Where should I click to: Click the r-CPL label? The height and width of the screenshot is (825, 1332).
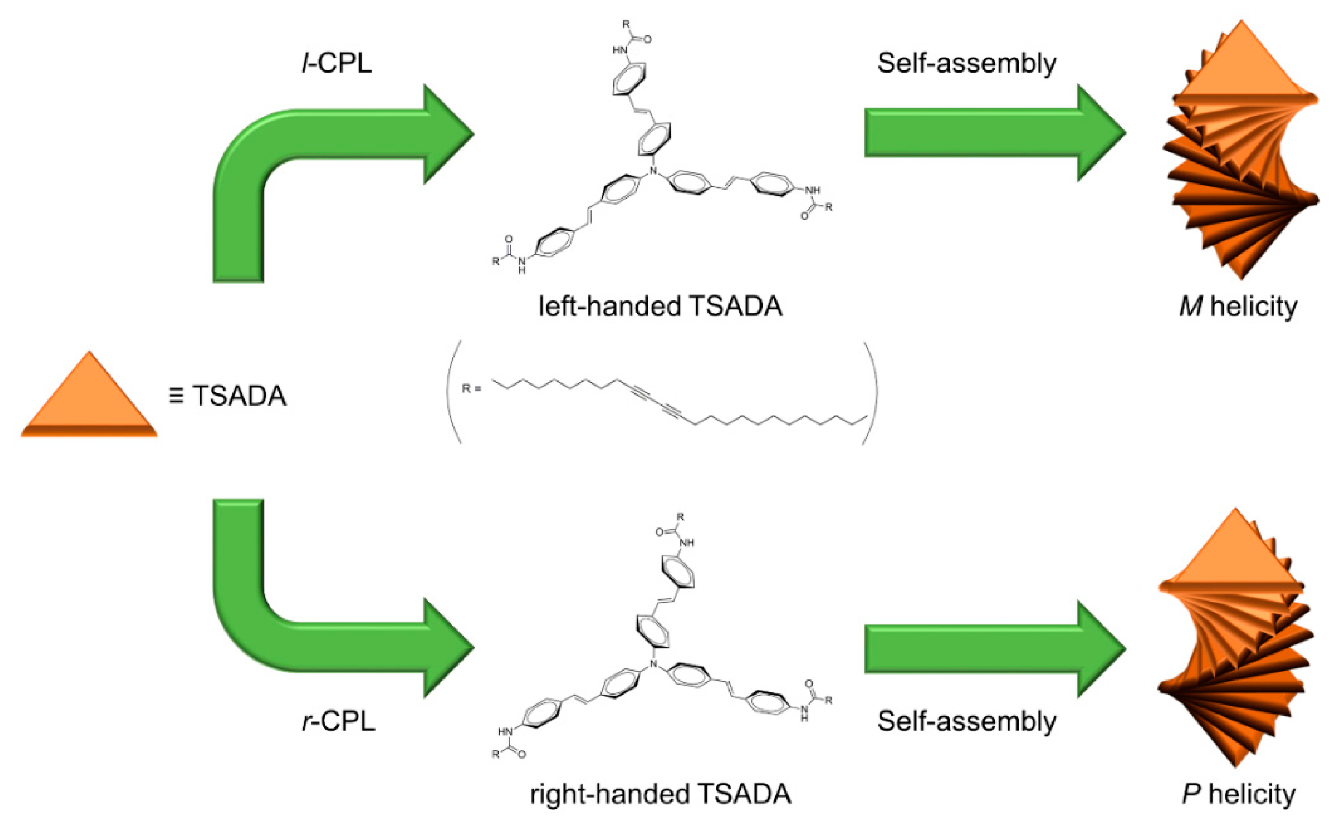click(338, 721)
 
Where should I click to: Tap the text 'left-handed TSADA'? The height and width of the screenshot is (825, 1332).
click(660, 306)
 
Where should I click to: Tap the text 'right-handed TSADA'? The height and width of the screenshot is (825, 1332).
click(660, 794)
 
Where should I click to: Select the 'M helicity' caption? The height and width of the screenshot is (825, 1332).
click(1238, 307)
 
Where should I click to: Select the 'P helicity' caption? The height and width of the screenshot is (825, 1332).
click(1238, 794)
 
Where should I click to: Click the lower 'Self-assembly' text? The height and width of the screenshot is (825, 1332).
click(966, 721)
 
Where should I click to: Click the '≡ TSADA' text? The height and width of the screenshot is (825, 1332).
click(228, 396)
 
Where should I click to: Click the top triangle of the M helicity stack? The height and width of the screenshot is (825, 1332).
click(1242, 68)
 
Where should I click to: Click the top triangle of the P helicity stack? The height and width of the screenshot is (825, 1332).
click(1237, 556)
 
